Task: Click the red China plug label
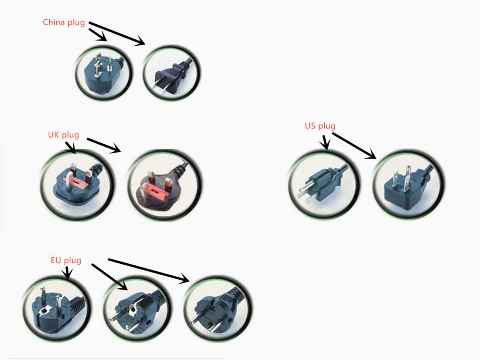pyautogui.click(x=64, y=23)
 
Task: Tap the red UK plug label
pyautogui.click(x=63, y=135)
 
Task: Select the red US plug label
pyautogui.click(x=320, y=126)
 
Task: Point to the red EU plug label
pyautogui.click(x=66, y=260)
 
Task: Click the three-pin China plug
pyautogui.click(x=103, y=73)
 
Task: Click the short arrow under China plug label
pyautogui.click(x=98, y=35)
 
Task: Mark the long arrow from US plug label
pyautogui.click(x=354, y=146)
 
